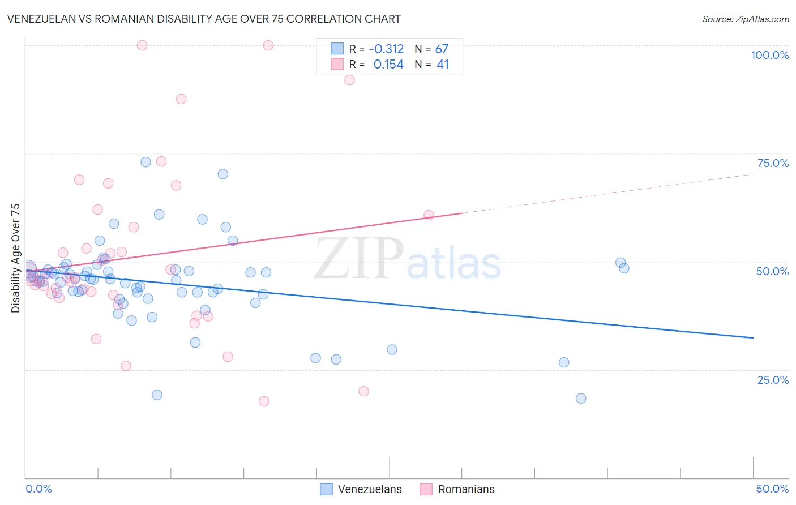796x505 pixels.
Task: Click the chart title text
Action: click(204, 19)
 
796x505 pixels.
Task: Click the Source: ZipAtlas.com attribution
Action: click(745, 19)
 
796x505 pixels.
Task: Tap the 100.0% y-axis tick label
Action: click(769, 55)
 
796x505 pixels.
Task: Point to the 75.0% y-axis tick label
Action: click(773, 163)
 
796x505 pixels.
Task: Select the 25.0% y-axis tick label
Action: click(773, 380)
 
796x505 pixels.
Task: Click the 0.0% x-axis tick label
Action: click(38, 489)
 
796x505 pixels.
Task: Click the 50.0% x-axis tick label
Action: click(772, 489)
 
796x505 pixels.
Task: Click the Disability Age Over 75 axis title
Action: click(15, 258)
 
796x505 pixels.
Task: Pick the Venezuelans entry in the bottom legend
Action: click(361, 489)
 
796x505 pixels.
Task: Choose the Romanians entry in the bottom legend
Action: click(457, 489)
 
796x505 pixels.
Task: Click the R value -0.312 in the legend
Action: click(386, 49)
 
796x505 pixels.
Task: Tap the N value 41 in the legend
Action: click(443, 65)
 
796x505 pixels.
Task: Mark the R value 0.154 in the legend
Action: click(388, 65)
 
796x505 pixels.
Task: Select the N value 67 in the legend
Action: click(442, 49)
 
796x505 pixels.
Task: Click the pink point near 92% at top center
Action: click(349, 80)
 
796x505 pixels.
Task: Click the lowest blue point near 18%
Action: click(581, 399)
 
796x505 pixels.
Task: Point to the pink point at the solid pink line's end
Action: click(429, 215)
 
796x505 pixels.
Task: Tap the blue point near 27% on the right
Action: click(564, 362)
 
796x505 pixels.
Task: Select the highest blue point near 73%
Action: click(145, 162)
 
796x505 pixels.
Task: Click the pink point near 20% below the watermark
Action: click(363, 391)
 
